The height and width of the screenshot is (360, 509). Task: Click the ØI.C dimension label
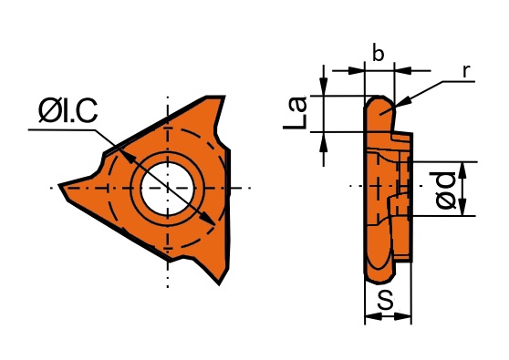68,111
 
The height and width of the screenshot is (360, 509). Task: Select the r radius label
466,71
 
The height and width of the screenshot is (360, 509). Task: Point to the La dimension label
295,112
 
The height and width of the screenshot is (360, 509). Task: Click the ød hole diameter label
445,190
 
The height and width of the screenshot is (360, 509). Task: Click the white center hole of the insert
167,189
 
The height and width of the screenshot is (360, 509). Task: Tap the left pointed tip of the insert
59,185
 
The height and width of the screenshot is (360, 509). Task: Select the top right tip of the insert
223,97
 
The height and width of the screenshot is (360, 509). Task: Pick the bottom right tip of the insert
220,284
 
